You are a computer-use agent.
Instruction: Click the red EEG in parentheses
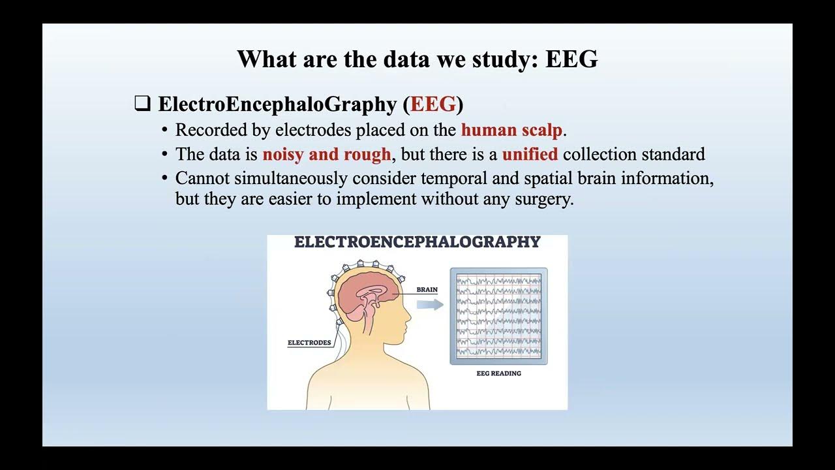pos(433,104)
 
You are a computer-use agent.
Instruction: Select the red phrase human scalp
pos(511,130)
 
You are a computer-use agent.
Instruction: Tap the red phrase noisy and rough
pos(327,155)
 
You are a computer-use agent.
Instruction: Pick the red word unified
pos(530,155)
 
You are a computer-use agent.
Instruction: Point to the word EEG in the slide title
pos(571,59)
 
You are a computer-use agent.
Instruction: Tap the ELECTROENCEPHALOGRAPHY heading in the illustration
pos(417,242)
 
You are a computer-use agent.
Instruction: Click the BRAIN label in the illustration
pos(427,289)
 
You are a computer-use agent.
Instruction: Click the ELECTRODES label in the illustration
pos(309,343)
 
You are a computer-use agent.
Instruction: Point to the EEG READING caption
pos(498,373)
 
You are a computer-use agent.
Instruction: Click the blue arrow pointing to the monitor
pos(430,304)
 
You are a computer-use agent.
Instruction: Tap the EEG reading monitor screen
pos(498,315)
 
